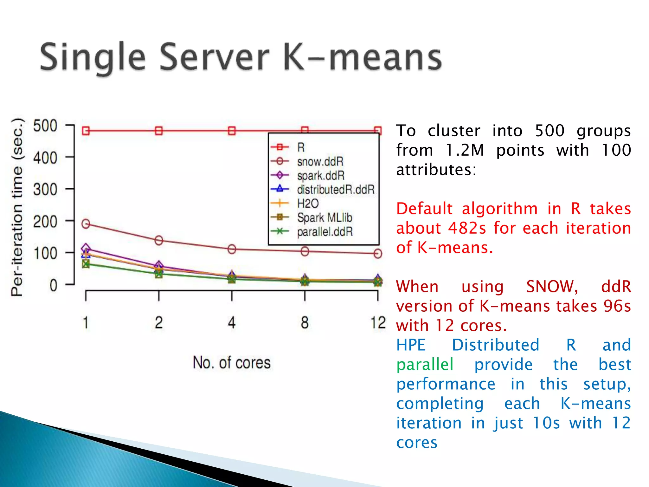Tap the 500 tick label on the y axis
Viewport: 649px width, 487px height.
pos(45,126)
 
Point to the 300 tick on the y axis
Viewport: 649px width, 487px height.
pos(45,190)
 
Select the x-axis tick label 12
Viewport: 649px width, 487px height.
pos(378,323)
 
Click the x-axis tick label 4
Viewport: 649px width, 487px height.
pos(232,323)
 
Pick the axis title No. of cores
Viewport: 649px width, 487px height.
pos(232,362)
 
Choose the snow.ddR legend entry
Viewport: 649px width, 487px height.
pos(320,161)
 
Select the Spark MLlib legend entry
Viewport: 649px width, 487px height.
pos(324,218)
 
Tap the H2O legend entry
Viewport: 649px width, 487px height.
pos(308,203)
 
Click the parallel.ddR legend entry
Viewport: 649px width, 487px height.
pos(324,231)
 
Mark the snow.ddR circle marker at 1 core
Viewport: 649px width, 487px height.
pos(86,224)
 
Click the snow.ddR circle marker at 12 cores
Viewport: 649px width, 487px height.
pos(378,253)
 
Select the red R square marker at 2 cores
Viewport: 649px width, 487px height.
pos(159,131)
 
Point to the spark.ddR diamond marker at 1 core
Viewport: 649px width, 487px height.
pos(86,248)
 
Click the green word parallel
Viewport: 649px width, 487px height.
pos(425,365)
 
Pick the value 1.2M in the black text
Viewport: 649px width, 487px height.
pos(465,150)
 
